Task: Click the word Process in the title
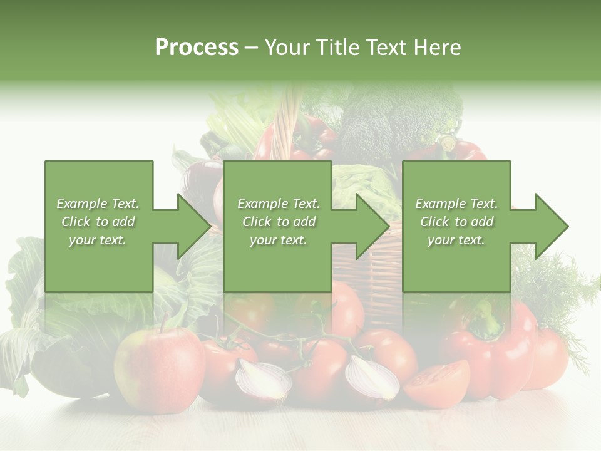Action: click(x=197, y=48)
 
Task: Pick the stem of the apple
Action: click(x=164, y=323)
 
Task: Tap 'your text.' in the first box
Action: click(x=98, y=239)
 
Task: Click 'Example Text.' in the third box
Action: click(x=456, y=204)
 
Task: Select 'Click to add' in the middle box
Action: click(x=279, y=222)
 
